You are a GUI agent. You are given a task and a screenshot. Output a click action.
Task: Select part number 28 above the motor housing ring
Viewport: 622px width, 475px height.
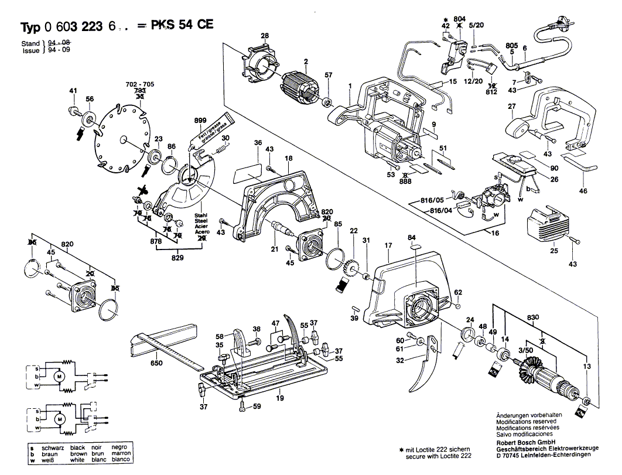265,36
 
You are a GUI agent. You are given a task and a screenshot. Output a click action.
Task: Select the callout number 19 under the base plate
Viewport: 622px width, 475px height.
280,398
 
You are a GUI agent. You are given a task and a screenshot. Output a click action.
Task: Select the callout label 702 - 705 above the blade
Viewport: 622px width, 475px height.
139,84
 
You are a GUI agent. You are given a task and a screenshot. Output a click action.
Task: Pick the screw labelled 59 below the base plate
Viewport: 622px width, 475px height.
243,409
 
